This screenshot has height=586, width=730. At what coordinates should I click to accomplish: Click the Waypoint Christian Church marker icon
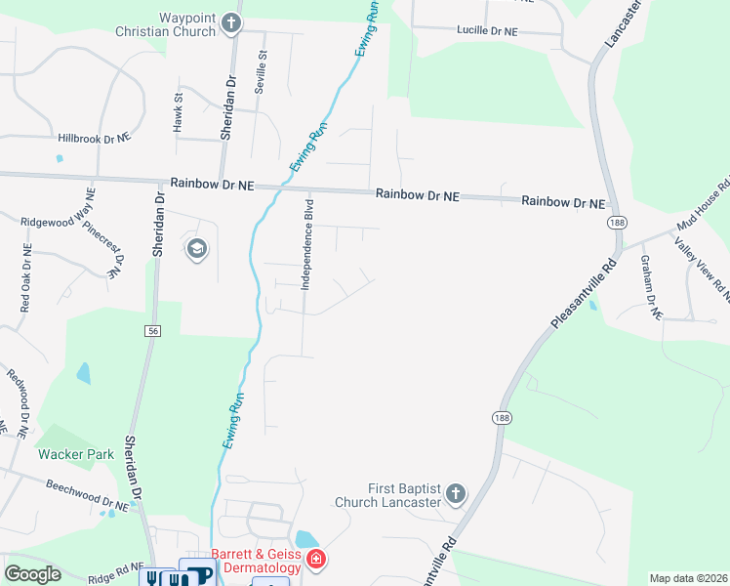click(x=231, y=23)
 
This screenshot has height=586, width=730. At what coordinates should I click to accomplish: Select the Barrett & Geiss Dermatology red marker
click(x=316, y=560)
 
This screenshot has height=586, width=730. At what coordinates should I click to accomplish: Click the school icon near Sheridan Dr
click(x=196, y=249)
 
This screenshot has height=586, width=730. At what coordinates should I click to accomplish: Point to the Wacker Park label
click(x=76, y=454)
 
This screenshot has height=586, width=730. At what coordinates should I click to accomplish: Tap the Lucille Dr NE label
click(x=487, y=31)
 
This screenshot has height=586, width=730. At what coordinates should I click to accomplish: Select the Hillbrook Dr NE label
click(x=94, y=139)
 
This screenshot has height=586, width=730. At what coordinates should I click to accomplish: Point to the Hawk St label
click(x=178, y=111)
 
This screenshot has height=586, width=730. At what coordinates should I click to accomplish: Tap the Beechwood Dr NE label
click(x=88, y=496)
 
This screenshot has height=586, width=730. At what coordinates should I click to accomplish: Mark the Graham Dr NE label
click(x=651, y=287)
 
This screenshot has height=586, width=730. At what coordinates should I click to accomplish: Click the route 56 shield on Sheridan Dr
click(x=153, y=331)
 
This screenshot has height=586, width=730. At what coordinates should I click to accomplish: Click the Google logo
click(x=32, y=574)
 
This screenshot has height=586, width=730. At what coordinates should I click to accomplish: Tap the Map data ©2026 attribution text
click(x=689, y=578)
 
